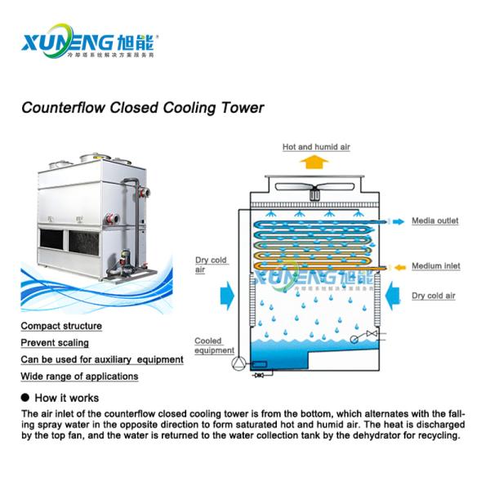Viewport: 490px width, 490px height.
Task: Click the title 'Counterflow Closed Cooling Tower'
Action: pyautogui.click(x=143, y=106)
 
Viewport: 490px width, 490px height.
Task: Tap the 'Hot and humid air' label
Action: pyautogui.click(x=316, y=146)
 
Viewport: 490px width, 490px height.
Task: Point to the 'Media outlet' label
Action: pyautogui.click(x=434, y=220)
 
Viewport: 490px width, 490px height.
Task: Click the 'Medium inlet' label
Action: pyautogui.click(x=435, y=265)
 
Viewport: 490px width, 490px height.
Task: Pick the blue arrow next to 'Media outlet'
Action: pyautogui.click(x=397, y=220)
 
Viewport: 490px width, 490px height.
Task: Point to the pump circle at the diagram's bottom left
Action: pyautogui.click(x=238, y=363)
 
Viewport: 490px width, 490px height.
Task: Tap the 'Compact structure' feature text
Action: pyautogui.click(x=60, y=326)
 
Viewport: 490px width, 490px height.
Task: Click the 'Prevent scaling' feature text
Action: pyautogui.click(x=55, y=343)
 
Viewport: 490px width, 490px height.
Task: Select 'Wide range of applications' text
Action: pyautogui.click(x=79, y=376)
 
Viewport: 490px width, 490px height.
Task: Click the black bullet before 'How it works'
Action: pyautogui.click(x=24, y=398)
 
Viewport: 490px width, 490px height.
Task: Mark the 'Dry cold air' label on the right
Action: pyautogui.click(x=433, y=296)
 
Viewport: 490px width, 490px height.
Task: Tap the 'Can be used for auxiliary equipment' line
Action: pyautogui.click(x=101, y=359)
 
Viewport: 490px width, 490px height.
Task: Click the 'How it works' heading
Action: pyautogui.click(x=67, y=398)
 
